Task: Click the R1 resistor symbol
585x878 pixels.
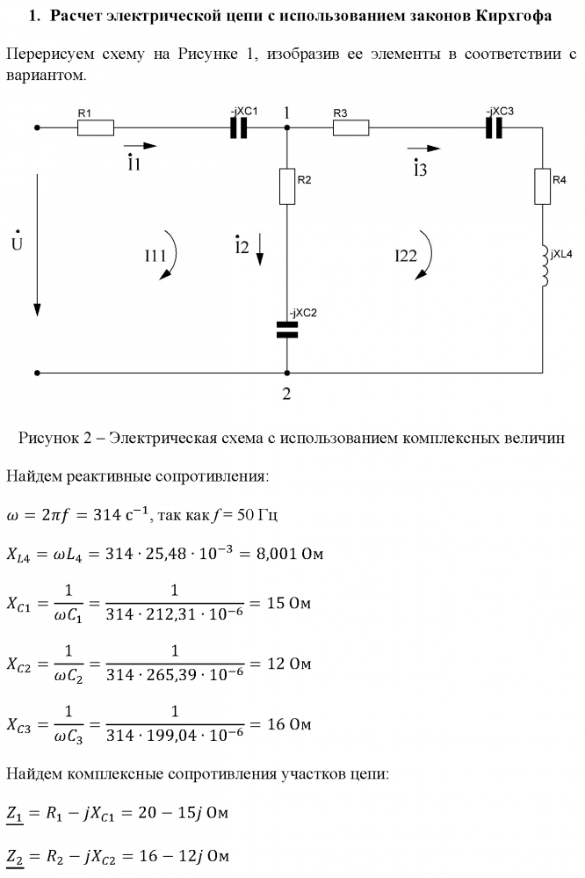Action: (96, 127)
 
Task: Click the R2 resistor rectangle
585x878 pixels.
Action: (286, 185)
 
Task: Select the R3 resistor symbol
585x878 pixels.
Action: (351, 127)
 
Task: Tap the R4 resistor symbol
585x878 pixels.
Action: (542, 187)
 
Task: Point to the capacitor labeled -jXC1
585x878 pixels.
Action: (239, 128)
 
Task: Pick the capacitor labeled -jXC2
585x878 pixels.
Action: (287, 330)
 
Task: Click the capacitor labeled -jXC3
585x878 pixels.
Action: (495, 128)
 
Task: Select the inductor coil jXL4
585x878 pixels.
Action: (544, 264)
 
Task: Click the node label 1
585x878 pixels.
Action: (286, 112)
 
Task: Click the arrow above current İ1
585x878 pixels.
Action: (141, 146)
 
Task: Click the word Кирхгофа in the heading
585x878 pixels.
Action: (508, 16)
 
